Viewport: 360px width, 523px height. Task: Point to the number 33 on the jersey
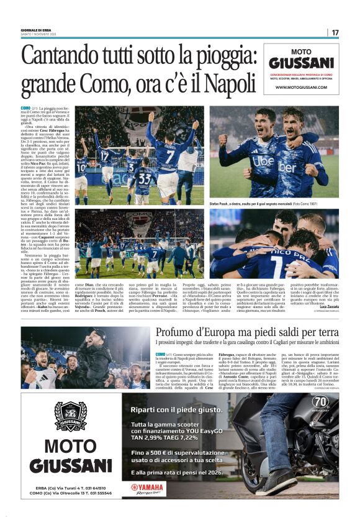(143, 179)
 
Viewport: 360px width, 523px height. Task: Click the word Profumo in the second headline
(180, 332)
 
